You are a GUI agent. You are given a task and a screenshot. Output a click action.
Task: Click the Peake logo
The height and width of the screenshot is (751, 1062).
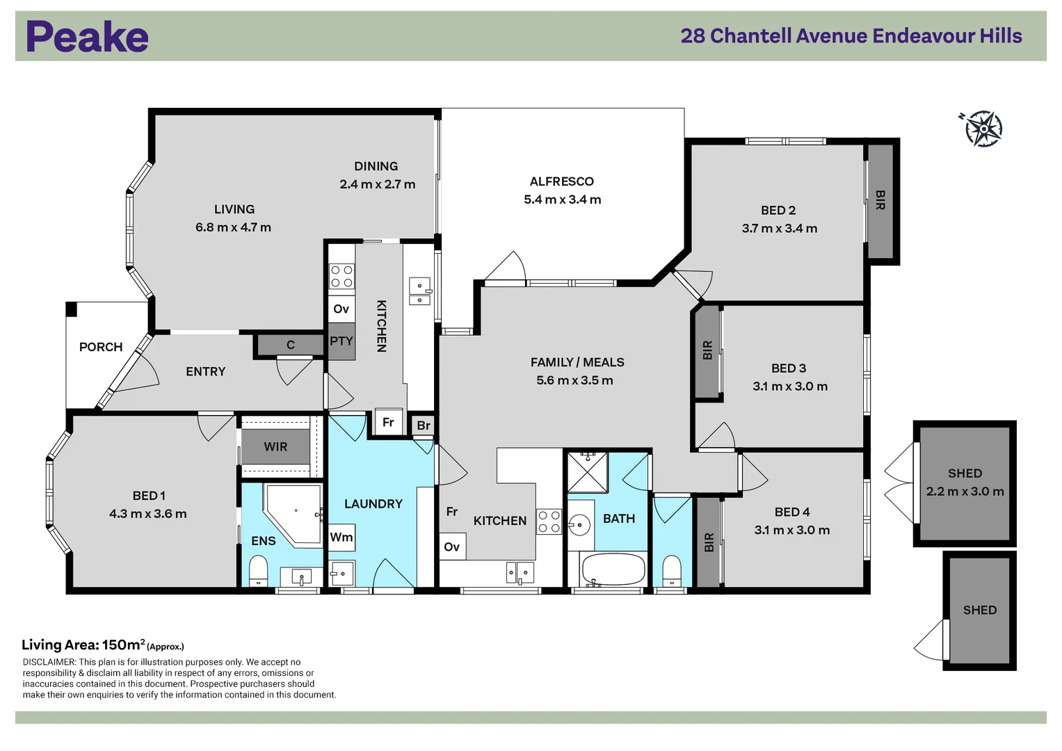pyautogui.click(x=87, y=36)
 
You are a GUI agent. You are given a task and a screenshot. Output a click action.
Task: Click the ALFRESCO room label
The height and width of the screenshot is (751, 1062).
pyautogui.click(x=562, y=181)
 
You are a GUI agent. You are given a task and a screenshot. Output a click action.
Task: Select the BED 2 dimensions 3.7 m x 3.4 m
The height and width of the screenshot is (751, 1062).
pyautogui.click(x=780, y=229)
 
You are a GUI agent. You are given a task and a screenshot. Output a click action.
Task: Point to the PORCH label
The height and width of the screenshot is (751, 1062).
pyautogui.click(x=101, y=347)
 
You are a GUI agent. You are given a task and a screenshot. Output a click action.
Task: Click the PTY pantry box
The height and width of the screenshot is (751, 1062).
pyautogui.click(x=341, y=341)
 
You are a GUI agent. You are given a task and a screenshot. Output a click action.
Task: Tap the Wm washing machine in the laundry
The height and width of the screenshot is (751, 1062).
pyautogui.click(x=341, y=537)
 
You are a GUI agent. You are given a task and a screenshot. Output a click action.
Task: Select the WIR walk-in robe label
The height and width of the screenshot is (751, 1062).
pyautogui.click(x=275, y=446)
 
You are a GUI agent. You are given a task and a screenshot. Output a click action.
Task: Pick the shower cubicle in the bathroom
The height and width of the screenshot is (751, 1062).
pyautogui.click(x=588, y=472)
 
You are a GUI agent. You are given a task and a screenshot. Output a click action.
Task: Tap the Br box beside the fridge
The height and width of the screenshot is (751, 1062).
pyautogui.click(x=424, y=426)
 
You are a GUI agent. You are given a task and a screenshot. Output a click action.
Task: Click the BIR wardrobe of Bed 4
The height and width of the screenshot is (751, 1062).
pyautogui.click(x=709, y=542)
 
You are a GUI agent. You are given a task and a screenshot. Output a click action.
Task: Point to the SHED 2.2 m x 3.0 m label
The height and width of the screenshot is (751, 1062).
pyautogui.click(x=965, y=483)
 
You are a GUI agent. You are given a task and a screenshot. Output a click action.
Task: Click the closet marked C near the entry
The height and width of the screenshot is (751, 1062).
pyautogui.click(x=291, y=345)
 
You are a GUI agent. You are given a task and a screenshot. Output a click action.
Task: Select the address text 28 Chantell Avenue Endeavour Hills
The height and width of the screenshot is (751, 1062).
pyautogui.click(x=851, y=36)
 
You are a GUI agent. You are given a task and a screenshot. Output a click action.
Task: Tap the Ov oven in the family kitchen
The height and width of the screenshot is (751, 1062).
pyautogui.click(x=452, y=547)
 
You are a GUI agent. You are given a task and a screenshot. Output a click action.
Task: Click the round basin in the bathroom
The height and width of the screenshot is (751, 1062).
pyautogui.click(x=579, y=525)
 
